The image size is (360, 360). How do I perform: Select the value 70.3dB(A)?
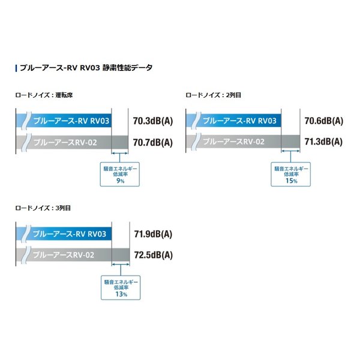click(x=152, y=121)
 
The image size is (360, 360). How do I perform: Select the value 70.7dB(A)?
click(x=152, y=143)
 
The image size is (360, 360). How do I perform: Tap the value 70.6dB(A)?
click(x=323, y=121)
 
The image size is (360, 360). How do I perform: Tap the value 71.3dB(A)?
click(x=323, y=142)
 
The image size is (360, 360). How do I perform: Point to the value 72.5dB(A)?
click(x=152, y=255)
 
